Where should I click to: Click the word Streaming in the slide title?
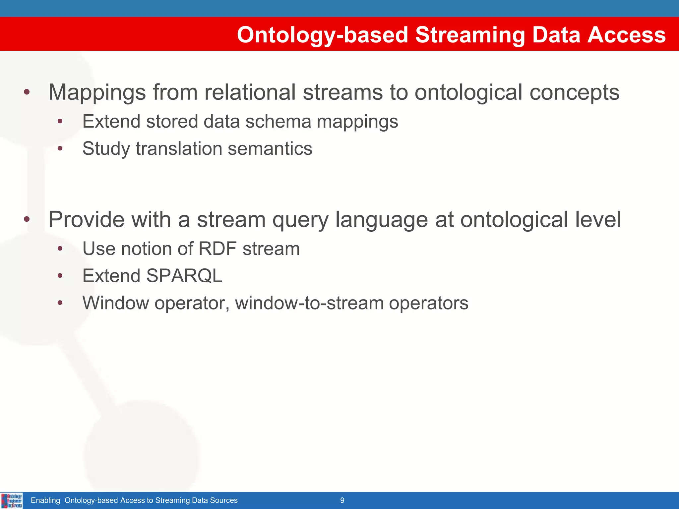point(470,35)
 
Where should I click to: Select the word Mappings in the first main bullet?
point(97,92)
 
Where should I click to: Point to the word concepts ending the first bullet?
point(574,92)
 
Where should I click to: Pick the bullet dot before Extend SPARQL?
point(60,275)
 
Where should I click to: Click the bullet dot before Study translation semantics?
point(60,148)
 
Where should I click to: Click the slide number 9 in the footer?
point(342,500)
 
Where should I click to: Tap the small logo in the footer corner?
point(12,500)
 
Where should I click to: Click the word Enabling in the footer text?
point(45,500)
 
